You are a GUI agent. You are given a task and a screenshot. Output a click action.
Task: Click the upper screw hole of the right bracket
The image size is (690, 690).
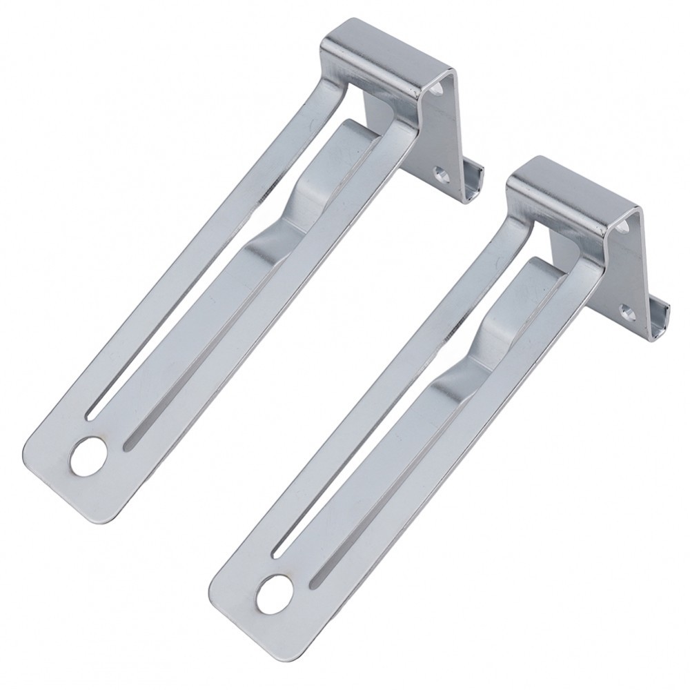(627, 227)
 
